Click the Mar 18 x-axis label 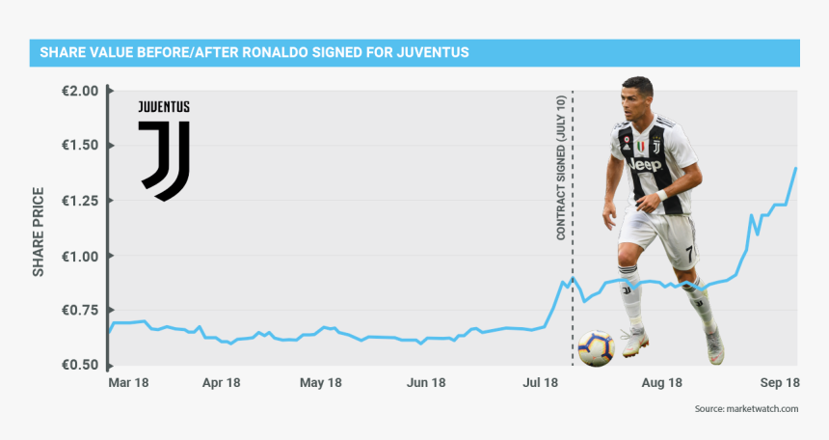point(128,383)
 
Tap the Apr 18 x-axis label point(221,383)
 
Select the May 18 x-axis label point(321,383)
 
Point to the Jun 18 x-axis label point(425,383)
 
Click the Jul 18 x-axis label point(541,383)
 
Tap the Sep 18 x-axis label point(777,383)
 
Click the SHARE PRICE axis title point(39,229)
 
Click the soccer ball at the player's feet point(595,348)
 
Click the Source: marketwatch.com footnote point(746,410)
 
